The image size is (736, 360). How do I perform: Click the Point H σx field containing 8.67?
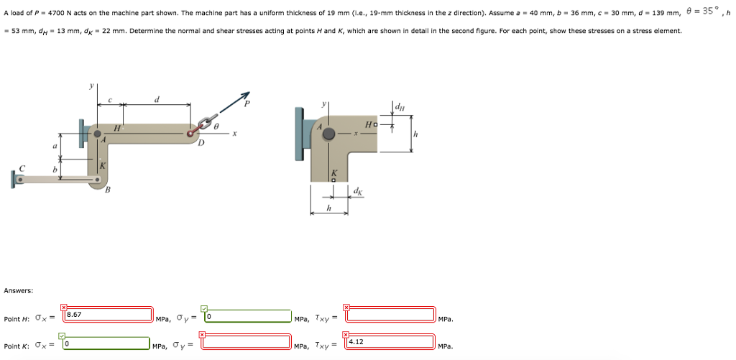point(108,315)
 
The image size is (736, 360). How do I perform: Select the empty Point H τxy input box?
point(390,315)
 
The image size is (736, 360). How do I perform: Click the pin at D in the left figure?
point(193,133)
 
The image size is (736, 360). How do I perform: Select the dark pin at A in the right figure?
point(328,134)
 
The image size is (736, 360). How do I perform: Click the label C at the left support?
point(22,168)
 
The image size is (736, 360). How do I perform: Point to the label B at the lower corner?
point(108,190)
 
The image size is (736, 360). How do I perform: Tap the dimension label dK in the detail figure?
point(358,191)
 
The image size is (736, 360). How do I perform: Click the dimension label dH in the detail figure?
point(400,109)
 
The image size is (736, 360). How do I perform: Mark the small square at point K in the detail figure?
point(333,180)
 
